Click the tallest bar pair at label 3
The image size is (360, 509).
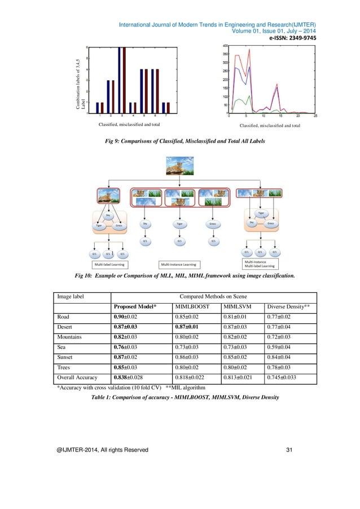click(x=121, y=79)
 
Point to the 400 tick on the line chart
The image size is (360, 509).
click(x=224, y=46)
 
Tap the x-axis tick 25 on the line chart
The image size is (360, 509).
click(x=314, y=115)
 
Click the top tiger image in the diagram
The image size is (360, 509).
click(x=179, y=165)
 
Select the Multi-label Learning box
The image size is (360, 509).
click(x=110, y=264)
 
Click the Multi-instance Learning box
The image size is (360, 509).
click(x=178, y=264)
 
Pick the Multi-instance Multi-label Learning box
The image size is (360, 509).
click(x=259, y=264)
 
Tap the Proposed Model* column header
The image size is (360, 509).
click(x=135, y=306)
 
